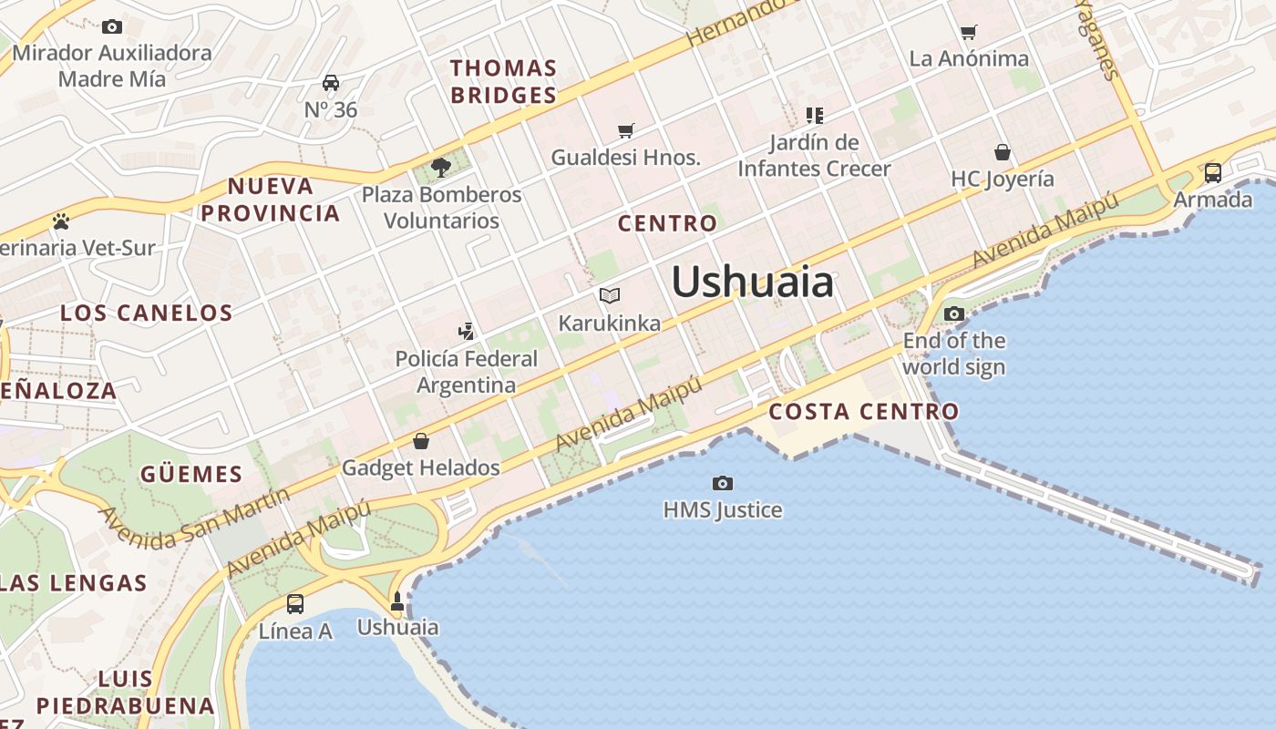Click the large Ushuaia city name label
pyautogui.click(x=752, y=282)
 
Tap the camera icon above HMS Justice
pyautogui.click(x=723, y=483)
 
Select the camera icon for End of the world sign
pyautogui.click(x=954, y=314)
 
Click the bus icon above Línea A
pyautogui.click(x=295, y=603)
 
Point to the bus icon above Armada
pyautogui.click(x=1213, y=172)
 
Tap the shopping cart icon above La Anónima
pyautogui.click(x=969, y=33)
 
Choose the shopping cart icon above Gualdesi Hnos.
pyautogui.click(x=625, y=130)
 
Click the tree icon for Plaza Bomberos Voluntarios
pyautogui.click(x=441, y=168)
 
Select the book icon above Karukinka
pyautogui.click(x=610, y=296)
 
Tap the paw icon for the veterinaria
pyautogui.click(x=61, y=221)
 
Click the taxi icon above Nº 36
pyautogui.click(x=331, y=84)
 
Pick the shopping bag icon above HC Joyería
pyautogui.click(x=1003, y=152)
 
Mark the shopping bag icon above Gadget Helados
pyautogui.click(x=421, y=442)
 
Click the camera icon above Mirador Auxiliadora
pyautogui.click(x=112, y=26)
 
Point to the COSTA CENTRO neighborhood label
pyautogui.click(x=863, y=412)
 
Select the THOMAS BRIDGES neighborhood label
pyautogui.click(x=503, y=81)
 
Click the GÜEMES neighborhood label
pyautogui.click(x=191, y=475)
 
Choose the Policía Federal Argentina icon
pyautogui.click(x=467, y=331)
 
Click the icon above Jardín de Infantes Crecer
pyautogui.click(x=814, y=116)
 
